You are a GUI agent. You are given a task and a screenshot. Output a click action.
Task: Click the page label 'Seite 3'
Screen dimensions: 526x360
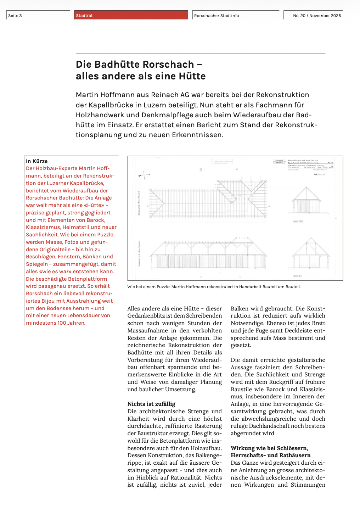15,16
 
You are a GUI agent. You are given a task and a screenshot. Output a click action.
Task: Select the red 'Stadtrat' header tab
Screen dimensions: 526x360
84,16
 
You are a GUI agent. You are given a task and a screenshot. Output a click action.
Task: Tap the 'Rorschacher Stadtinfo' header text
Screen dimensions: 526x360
216,16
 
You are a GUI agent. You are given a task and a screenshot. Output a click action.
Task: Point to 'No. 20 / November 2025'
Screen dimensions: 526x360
317,16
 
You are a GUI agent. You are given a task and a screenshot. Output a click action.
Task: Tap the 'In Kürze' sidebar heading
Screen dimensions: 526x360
36,161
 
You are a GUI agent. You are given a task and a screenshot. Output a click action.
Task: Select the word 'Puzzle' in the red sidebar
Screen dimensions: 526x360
105,235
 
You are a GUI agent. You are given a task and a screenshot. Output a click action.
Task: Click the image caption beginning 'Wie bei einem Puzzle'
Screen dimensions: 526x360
214,287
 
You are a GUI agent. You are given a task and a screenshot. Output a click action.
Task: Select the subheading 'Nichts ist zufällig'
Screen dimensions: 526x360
151,404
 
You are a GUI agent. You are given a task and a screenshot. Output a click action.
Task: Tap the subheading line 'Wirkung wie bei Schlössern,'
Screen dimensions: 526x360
269,448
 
